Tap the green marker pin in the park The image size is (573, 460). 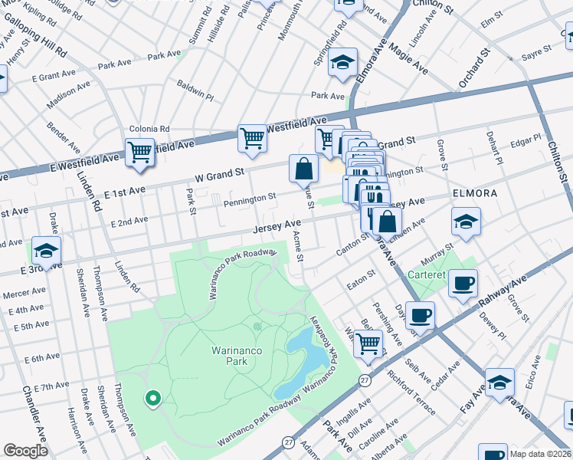[152, 398]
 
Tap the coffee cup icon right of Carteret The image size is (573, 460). [463, 283]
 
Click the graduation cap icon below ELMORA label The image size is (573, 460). [466, 222]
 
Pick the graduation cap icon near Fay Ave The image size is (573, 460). [499, 383]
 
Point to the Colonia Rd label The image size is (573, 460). [149, 129]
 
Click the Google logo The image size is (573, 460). [25, 451]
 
